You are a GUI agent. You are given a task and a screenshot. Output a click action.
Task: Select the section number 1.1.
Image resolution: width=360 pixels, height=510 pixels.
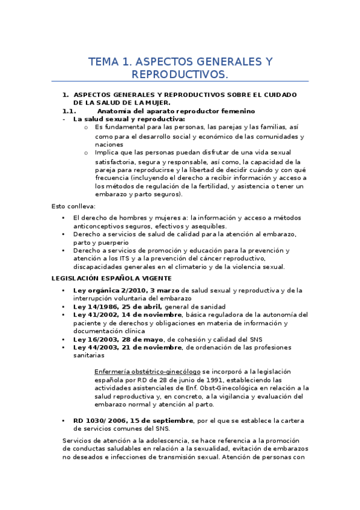click(69, 111)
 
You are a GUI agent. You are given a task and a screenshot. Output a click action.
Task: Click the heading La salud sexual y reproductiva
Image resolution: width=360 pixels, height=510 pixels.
click(112, 118)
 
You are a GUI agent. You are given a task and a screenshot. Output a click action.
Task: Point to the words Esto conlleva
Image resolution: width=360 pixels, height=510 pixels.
click(69, 206)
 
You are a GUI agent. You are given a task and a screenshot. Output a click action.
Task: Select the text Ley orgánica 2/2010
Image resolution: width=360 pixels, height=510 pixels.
click(108, 290)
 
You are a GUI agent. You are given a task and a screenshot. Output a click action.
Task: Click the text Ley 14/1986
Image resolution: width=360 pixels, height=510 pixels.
click(94, 306)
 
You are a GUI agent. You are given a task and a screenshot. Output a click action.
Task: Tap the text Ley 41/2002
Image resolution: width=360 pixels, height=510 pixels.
click(94, 314)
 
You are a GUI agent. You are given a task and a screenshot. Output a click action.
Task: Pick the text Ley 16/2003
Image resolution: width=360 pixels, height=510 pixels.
click(94, 339)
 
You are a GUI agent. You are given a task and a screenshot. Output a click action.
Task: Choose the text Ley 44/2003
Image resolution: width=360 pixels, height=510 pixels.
click(94, 347)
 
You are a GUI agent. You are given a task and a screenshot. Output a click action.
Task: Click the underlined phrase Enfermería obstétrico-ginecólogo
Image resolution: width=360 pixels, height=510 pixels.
click(148, 372)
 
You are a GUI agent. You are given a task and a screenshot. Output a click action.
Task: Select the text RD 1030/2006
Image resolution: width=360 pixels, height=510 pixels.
click(99, 420)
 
